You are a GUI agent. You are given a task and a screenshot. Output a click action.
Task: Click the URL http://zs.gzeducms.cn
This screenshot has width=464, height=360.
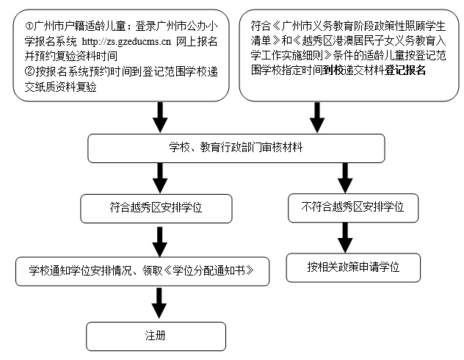(126, 41)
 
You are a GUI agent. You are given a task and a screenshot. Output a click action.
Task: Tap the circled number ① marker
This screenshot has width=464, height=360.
(29, 26)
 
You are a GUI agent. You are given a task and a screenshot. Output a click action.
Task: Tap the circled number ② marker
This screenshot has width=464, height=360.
(29, 72)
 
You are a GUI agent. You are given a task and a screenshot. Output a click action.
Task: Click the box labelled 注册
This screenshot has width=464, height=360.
(156, 336)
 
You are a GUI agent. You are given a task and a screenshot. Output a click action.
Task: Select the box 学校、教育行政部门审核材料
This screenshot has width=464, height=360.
(236, 148)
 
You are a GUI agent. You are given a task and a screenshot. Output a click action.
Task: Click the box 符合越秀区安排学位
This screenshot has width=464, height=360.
(156, 209)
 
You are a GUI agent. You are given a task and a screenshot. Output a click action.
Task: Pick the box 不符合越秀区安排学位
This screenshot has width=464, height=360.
(353, 208)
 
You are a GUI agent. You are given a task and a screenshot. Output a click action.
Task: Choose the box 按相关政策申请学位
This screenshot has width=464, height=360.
(353, 267)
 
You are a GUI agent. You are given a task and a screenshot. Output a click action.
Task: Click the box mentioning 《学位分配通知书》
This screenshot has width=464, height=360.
(142, 271)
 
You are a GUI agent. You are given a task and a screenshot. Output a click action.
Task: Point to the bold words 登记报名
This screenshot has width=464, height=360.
(405, 71)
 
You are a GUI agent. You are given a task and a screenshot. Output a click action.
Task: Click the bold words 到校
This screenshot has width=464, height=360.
(333, 71)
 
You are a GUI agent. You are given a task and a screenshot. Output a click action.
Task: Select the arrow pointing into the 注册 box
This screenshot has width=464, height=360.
(159, 303)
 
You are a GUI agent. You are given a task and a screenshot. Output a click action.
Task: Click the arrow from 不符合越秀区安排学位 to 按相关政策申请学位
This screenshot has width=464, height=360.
(345, 238)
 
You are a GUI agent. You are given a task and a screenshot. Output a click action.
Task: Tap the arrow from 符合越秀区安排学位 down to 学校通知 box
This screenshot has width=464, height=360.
(160, 242)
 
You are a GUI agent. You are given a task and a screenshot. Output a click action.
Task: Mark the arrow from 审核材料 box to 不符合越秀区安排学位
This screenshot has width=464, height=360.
(345, 178)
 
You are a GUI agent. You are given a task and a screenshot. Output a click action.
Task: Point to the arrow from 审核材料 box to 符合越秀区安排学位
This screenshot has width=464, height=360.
(160, 178)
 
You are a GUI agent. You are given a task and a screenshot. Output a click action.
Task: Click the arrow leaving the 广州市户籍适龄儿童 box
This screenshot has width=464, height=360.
(160, 118)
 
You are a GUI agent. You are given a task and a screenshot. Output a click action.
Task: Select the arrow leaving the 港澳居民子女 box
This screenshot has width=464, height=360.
(317, 118)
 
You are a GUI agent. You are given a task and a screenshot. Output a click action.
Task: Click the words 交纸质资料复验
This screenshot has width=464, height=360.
(61, 87)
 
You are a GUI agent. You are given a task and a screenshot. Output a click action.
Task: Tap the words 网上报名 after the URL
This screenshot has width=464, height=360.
(197, 41)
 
